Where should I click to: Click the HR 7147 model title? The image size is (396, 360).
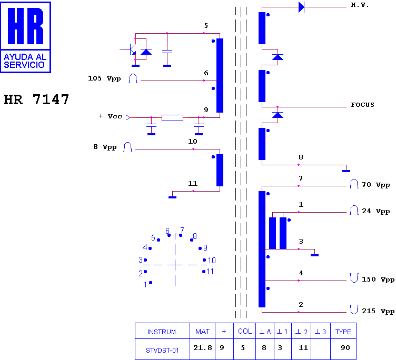[36, 99]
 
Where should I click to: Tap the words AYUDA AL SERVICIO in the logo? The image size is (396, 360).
[25, 61]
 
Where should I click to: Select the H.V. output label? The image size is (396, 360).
[360, 5]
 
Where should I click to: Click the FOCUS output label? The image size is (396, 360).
[362, 105]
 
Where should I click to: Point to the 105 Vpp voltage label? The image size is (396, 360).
[104, 78]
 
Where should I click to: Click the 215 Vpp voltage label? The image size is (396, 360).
[378, 311]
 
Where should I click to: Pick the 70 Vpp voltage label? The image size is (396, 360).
[376, 185]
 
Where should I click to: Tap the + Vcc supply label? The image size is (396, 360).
[111, 116]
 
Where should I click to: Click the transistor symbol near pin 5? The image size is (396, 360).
[130, 49]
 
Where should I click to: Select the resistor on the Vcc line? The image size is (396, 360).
[172, 118]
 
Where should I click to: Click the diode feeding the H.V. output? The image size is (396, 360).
[301, 7]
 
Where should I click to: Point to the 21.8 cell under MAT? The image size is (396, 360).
[203, 347]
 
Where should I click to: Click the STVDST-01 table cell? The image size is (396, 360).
[162, 351]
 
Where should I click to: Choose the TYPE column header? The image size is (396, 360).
[343, 332]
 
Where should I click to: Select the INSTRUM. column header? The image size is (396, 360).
[162, 332]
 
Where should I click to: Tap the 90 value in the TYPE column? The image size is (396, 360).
[345, 347]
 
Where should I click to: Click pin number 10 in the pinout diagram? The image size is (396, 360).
[212, 261]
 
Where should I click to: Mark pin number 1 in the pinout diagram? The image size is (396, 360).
[145, 285]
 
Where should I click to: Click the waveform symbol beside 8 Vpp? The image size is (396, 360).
[127, 147]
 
